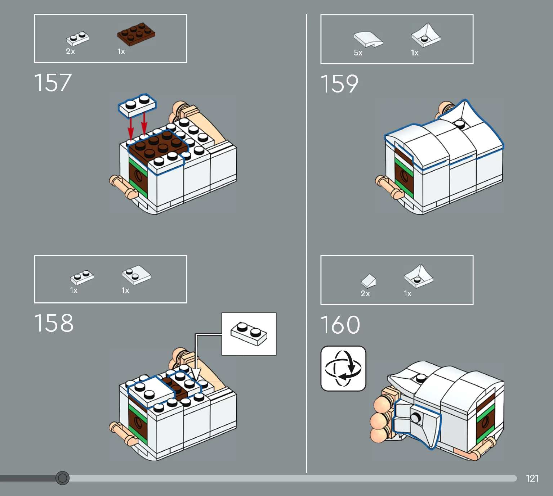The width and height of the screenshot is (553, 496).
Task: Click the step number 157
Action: pyautogui.click(x=53, y=83)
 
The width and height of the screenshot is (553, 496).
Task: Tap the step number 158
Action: pyautogui.click(x=54, y=323)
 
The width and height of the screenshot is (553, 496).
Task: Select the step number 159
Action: pyautogui.click(x=339, y=84)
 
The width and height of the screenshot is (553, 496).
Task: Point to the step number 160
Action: pyautogui.click(x=340, y=324)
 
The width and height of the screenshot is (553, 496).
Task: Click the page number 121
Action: pyautogui.click(x=532, y=478)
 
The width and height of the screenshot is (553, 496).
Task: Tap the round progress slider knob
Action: pyautogui.click(x=63, y=478)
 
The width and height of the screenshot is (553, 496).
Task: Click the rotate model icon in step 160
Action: pyautogui.click(x=343, y=368)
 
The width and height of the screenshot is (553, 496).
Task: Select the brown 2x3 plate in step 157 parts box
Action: pyautogui.click(x=136, y=34)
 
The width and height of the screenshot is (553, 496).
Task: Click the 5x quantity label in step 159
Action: pyautogui.click(x=358, y=53)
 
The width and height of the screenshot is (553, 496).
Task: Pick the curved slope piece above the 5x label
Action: pyautogui.click(x=368, y=39)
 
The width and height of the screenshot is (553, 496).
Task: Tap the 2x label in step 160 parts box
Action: pyautogui.click(x=365, y=293)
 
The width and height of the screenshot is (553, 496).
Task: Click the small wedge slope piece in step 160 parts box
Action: pyautogui.click(x=369, y=281)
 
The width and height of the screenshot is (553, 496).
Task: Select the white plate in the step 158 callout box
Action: pyautogui.click(x=249, y=334)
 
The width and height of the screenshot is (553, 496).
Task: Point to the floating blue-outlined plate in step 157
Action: pyautogui.click(x=137, y=106)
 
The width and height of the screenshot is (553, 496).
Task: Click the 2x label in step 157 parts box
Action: pyautogui.click(x=70, y=51)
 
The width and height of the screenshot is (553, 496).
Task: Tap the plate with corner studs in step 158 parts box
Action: pyautogui.click(x=137, y=275)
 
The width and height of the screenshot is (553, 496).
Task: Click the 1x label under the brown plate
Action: pyautogui.click(x=121, y=51)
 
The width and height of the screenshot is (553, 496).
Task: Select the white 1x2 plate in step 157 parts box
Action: pyautogui.click(x=78, y=39)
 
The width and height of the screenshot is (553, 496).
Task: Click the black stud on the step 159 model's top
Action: pyautogui.click(x=460, y=125)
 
